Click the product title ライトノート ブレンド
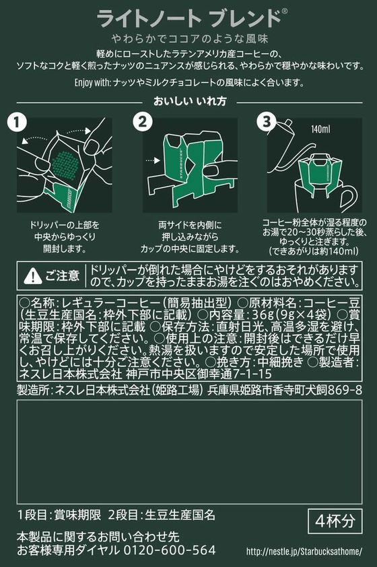tap(189, 18)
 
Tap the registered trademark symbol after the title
tap(285, 11)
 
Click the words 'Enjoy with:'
tap(92, 82)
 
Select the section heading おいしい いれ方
tap(190, 101)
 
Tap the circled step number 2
tap(143, 121)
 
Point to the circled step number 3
tap(267, 121)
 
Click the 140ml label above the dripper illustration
tap(320, 129)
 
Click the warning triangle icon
tap(32, 276)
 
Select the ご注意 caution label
tap(62, 276)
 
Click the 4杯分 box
tap(335, 521)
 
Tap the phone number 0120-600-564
tap(170, 550)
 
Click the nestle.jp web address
tap(304, 552)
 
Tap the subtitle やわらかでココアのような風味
tap(189, 38)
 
